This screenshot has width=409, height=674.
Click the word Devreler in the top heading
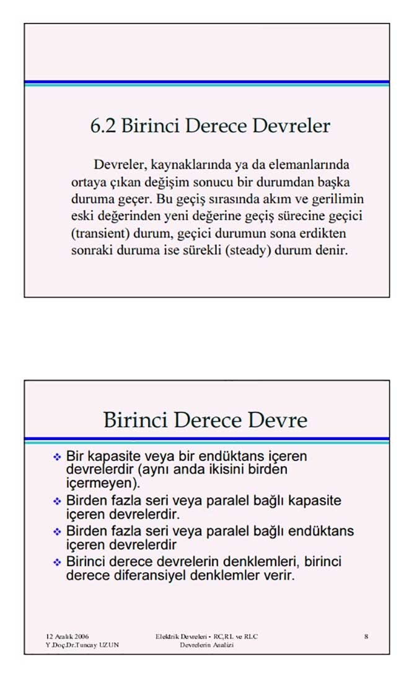pos(295,126)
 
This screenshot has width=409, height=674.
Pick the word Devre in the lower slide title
pos(278,420)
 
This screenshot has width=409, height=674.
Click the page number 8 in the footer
pos(366,637)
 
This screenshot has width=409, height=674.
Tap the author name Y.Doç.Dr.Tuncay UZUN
pos(83,645)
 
